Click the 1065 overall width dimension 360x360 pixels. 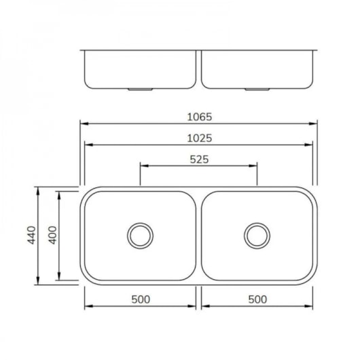[199, 116]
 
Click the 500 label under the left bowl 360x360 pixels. [140, 299]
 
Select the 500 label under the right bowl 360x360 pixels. [257, 299]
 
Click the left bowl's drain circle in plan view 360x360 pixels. [140, 235]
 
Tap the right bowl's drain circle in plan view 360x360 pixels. [257, 235]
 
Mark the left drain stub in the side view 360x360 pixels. [140, 88]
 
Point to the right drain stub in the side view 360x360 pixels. [257, 88]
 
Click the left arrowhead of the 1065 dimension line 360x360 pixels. [83, 124]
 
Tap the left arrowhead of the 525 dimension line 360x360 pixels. [143, 166]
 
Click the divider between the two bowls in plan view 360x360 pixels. [198, 235]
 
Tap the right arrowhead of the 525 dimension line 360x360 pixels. [255, 166]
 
